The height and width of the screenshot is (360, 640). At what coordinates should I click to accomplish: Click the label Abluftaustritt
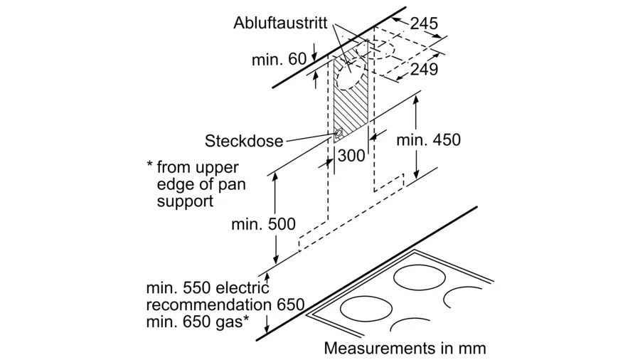[281, 22]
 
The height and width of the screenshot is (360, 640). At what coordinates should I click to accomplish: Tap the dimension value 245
[424, 24]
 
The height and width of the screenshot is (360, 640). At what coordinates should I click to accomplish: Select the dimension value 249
[424, 69]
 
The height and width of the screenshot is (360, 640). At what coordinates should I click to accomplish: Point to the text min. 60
[279, 59]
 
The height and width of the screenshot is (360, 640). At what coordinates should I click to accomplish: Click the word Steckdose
[244, 139]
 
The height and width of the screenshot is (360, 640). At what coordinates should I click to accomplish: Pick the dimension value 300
[351, 154]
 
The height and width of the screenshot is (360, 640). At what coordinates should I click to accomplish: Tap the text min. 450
[428, 139]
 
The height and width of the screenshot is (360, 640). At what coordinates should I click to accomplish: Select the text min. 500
[262, 224]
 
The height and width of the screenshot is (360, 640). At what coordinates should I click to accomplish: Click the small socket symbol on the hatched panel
[338, 132]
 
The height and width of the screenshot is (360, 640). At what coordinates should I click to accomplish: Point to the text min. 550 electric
[208, 288]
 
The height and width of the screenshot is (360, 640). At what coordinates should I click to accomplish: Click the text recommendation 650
[225, 305]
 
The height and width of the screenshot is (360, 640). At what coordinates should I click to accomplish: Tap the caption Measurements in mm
[405, 349]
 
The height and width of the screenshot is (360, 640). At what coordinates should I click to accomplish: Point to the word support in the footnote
[183, 201]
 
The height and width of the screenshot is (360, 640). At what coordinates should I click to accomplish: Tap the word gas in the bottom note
[229, 324]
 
